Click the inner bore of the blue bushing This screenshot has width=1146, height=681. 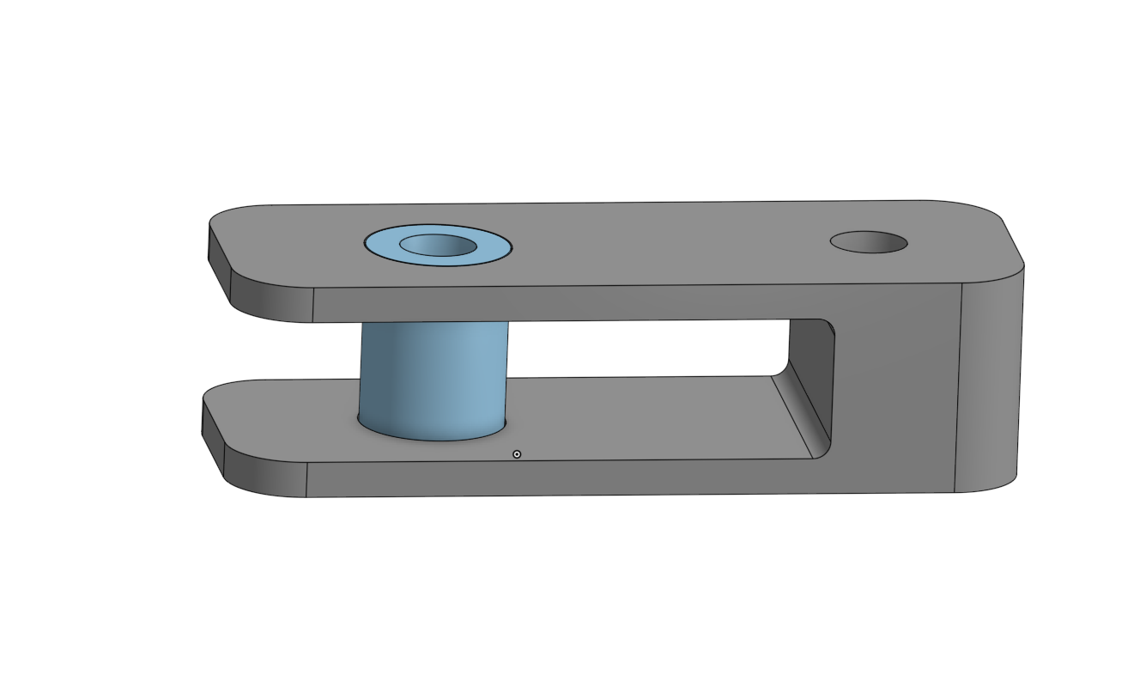coord(438,246)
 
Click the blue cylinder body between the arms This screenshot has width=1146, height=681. coord(434,378)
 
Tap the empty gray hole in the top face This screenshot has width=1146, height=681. coord(868,242)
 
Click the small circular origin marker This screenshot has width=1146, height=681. coord(517,453)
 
